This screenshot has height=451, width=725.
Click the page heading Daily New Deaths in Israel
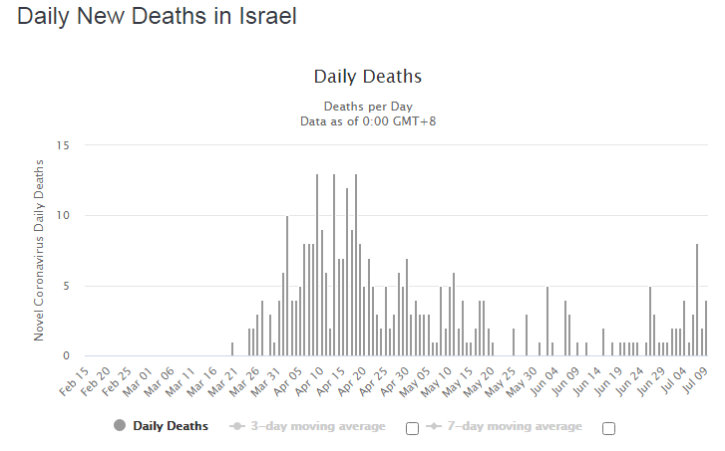click(x=157, y=17)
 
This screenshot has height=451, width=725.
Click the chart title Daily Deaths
click(x=367, y=77)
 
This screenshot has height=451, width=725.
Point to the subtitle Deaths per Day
click(x=367, y=106)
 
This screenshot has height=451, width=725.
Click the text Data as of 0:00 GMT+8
click(x=367, y=120)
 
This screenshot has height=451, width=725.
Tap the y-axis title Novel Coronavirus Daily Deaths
click(x=40, y=246)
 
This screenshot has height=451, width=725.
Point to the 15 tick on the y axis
click(x=63, y=146)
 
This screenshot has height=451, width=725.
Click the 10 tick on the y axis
click(x=63, y=216)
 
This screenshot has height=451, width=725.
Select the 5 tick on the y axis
click(x=66, y=287)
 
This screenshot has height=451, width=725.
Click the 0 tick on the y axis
click(x=66, y=356)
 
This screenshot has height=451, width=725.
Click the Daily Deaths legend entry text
click(x=171, y=426)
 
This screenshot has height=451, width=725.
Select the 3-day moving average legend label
click(x=317, y=426)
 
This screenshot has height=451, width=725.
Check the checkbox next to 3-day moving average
click(x=412, y=428)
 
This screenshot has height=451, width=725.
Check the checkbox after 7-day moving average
click(x=608, y=428)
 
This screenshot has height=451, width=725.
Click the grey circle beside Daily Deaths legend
click(x=121, y=426)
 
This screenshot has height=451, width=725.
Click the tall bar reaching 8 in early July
click(x=697, y=299)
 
